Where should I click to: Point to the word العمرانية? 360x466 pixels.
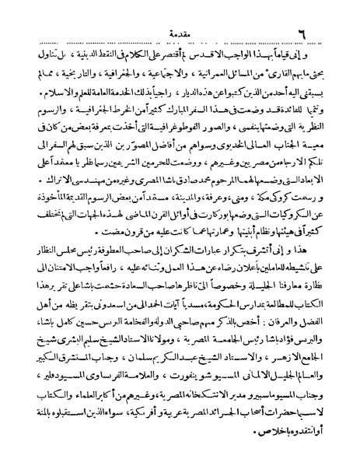point(200,56)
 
